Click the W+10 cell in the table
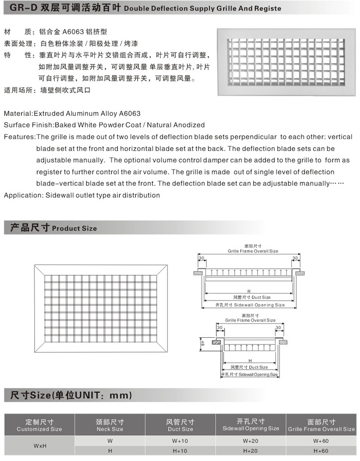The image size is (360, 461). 180,441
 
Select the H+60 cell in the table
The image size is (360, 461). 321,451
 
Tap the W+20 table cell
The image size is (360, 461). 251,441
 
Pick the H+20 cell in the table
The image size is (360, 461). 251,451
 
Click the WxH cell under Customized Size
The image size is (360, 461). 40,446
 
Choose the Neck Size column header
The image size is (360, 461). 110,425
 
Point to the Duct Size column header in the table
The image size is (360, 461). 180,425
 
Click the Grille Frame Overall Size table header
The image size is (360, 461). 321,425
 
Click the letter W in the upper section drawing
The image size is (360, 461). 249,291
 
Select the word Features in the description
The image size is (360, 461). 19,137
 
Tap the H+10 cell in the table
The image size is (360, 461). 180,451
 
